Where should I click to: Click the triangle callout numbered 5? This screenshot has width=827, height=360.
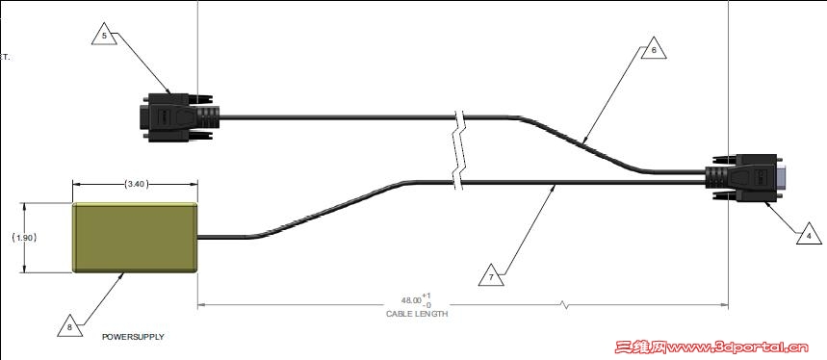coord(104,35)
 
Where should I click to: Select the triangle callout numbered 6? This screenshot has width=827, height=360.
coord(654,49)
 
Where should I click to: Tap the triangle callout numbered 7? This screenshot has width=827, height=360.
coord(492,276)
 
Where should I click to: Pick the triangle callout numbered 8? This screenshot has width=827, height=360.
coord(70,326)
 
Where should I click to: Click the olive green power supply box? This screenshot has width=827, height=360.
coord(135,238)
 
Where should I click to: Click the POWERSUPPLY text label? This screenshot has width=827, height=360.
coord(133,336)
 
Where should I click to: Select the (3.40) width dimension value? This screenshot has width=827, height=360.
coord(136,185)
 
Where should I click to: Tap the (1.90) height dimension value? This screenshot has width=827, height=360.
coord(24,238)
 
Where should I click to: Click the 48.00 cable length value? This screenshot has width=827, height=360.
coord(411,300)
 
